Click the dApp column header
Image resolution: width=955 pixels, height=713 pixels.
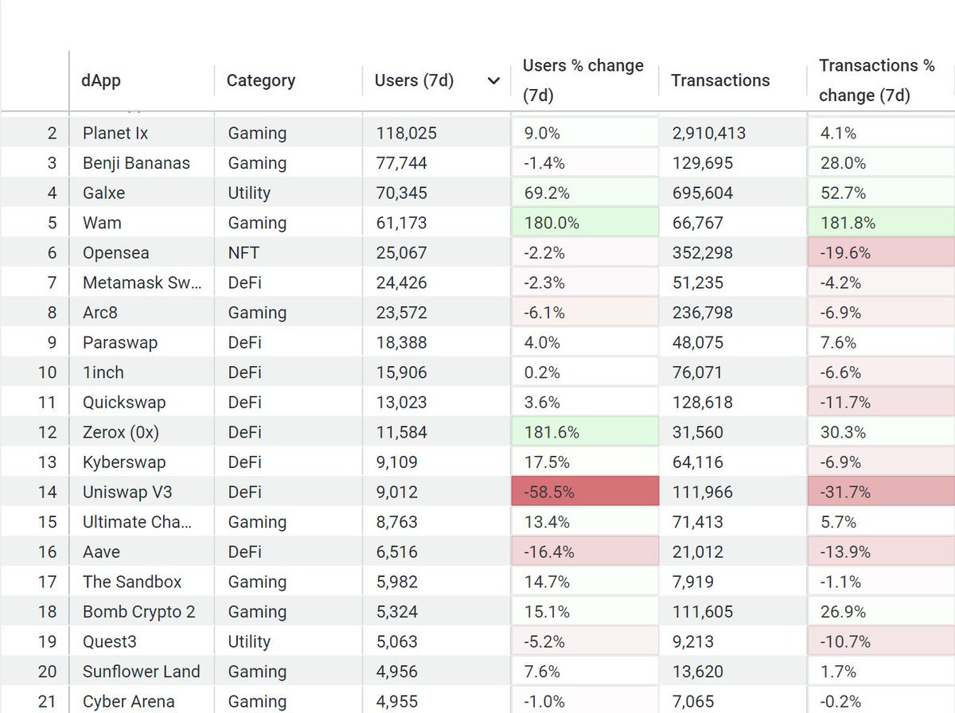coord(102,80)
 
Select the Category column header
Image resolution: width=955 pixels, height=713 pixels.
coord(260,80)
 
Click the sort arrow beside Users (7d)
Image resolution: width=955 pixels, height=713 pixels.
coord(493,81)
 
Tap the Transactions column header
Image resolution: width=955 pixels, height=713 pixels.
coord(720,80)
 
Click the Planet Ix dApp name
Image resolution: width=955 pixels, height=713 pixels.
coord(115,133)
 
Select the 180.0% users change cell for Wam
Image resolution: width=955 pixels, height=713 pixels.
coord(585,223)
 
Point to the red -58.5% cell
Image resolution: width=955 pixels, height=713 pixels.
coord(585,492)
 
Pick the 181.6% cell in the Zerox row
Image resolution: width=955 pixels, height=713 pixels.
coord(585,432)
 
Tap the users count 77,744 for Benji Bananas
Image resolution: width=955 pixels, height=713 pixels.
coord(402,163)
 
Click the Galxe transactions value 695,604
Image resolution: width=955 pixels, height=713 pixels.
coord(702,193)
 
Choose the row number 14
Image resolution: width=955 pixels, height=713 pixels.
coord(48,492)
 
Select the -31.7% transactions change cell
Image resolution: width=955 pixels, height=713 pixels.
coord(881,492)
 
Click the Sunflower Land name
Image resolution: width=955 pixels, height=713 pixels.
coord(141,672)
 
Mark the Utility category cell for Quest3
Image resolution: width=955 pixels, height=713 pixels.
coord(249,641)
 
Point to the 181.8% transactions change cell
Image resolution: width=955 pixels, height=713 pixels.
coord(881,223)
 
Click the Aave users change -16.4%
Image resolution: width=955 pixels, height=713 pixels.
coord(585,551)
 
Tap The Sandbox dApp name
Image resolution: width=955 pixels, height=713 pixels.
coord(132,582)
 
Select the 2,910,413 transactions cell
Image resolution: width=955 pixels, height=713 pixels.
coord(708,133)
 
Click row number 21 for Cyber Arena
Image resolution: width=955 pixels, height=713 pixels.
coord(48,701)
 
